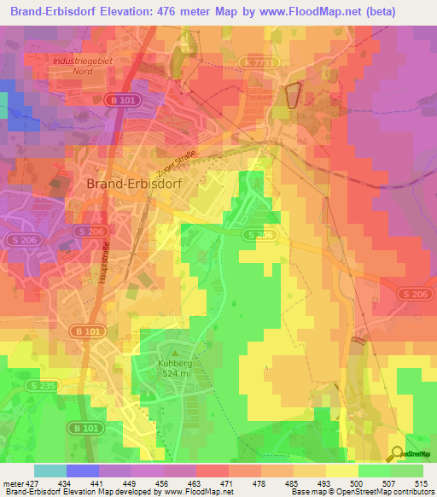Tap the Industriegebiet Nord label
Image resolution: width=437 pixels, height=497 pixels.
click(83, 67)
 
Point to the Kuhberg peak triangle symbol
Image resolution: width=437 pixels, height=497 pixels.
click(177, 350)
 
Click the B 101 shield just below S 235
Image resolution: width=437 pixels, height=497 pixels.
click(83, 427)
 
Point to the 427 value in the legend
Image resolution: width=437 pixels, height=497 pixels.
click(34, 483)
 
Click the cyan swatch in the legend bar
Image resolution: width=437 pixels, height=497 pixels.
click(50, 471)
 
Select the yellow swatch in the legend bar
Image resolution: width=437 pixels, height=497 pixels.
click(342, 471)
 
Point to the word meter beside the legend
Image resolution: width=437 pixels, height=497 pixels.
click(12, 483)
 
